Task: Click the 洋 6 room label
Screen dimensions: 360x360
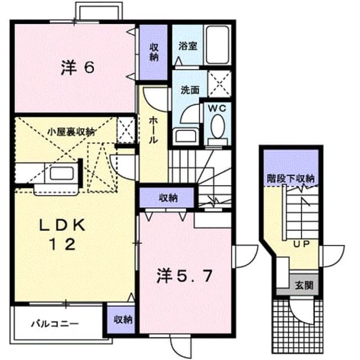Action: click(x=78, y=67)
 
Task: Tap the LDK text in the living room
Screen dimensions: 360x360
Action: click(x=62, y=225)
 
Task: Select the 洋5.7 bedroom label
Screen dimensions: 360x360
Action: click(x=184, y=276)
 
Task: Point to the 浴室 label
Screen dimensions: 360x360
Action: click(x=188, y=46)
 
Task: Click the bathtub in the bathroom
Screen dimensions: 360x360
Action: click(x=218, y=45)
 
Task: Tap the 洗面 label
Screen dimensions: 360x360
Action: click(x=190, y=90)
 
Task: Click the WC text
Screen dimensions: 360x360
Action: click(x=217, y=109)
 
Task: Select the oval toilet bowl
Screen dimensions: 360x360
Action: click(x=218, y=127)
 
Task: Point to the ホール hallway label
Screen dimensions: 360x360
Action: click(x=153, y=130)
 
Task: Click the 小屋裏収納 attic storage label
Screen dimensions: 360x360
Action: click(x=71, y=132)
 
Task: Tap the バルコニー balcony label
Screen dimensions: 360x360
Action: click(x=55, y=324)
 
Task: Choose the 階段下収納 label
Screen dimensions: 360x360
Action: click(x=291, y=178)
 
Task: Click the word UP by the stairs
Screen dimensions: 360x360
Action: click(x=301, y=244)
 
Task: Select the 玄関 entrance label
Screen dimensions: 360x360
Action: click(x=304, y=285)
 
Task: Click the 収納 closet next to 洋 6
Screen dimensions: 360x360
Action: click(x=154, y=52)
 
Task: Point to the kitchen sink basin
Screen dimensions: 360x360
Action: click(x=62, y=173)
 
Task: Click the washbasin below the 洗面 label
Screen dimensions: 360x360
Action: click(x=186, y=136)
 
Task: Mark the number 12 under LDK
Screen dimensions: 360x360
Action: click(x=62, y=244)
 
